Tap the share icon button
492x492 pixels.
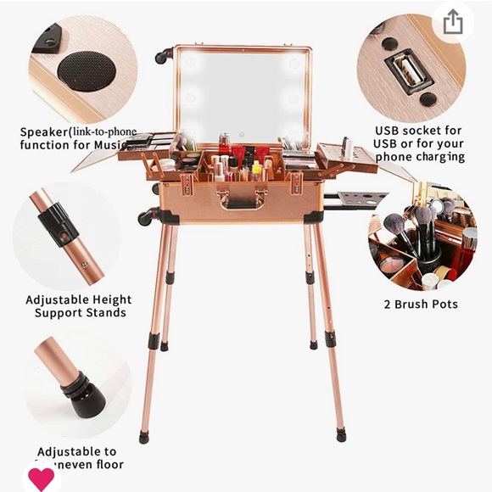click(x=453, y=21)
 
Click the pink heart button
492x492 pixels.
click(x=41, y=478)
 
